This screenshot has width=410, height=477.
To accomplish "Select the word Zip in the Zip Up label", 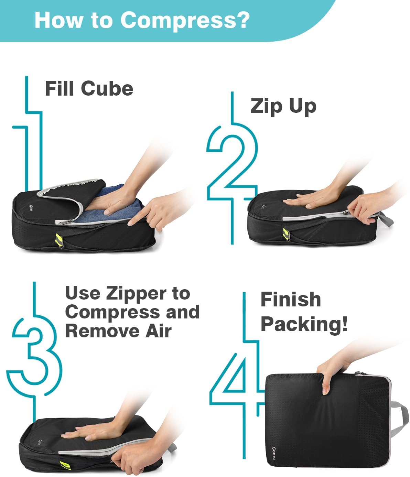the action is (266, 107).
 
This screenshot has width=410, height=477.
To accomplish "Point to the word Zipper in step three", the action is (137, 294).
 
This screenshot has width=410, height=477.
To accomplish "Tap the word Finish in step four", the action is (291, 299).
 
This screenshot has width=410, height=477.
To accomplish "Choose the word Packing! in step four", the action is (304, 325).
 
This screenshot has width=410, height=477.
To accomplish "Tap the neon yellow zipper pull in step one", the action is (59, 240).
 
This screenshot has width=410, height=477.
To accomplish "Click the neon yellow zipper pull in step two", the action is (286, 234).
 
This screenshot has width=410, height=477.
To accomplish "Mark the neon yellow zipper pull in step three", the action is (66, 465).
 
